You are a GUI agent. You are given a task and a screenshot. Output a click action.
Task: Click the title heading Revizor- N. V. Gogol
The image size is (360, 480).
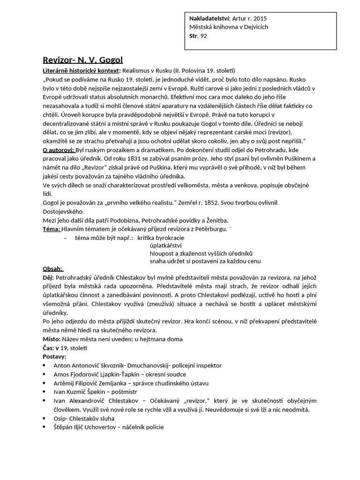(82, 60)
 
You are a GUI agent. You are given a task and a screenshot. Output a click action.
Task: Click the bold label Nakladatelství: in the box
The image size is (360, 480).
(210, 18)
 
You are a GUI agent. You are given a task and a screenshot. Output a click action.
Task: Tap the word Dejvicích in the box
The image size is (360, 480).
(254, 27)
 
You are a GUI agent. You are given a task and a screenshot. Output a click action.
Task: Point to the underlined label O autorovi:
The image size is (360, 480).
(58, 150)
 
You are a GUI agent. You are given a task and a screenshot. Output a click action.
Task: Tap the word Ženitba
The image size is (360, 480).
(216, 220)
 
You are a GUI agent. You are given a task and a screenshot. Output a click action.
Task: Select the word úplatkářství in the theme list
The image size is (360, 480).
(165, 246)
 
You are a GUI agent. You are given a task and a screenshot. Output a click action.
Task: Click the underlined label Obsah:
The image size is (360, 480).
(52, 269)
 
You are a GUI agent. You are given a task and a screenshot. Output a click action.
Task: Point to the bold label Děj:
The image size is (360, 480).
(48, 278)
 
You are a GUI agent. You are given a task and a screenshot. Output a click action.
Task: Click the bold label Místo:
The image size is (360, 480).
(51, 339)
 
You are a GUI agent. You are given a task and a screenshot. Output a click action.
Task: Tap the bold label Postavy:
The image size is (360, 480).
(54, 356)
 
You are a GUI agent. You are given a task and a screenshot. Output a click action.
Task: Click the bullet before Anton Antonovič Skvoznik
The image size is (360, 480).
(45, 365)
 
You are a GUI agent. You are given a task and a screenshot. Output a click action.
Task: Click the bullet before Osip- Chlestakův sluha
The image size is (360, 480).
(45, 418)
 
